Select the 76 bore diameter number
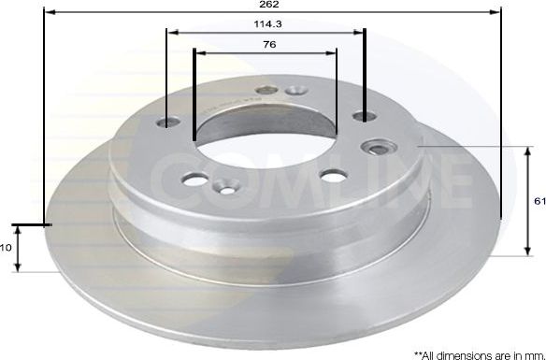(268, 45)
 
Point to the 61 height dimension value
(539, 201)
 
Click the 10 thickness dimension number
(5, 248)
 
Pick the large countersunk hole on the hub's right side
(380, 148)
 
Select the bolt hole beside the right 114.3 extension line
(359, 117)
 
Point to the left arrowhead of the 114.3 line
(172, 32)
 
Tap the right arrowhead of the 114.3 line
(359, 32)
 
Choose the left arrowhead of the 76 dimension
(198, 52)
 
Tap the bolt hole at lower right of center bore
(329, 175)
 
